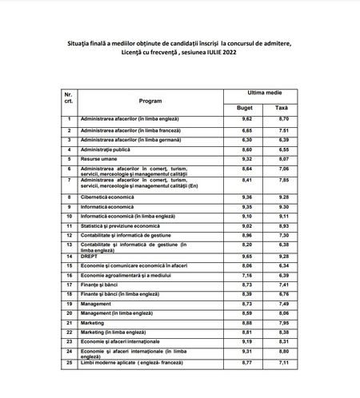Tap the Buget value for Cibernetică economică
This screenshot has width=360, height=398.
(x=246, y=197)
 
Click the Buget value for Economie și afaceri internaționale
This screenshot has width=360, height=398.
(x=246, y=341)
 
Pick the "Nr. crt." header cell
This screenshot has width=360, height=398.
(x=70, y=99)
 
